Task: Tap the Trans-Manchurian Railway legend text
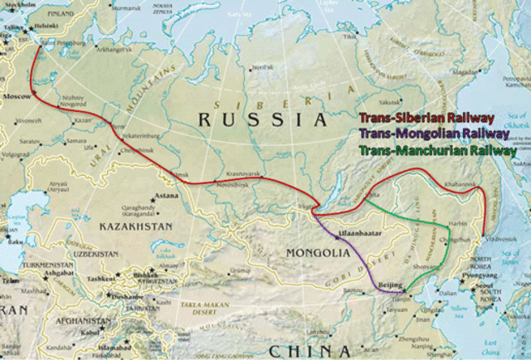tap(436, 151)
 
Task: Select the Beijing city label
tap(389, 285)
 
